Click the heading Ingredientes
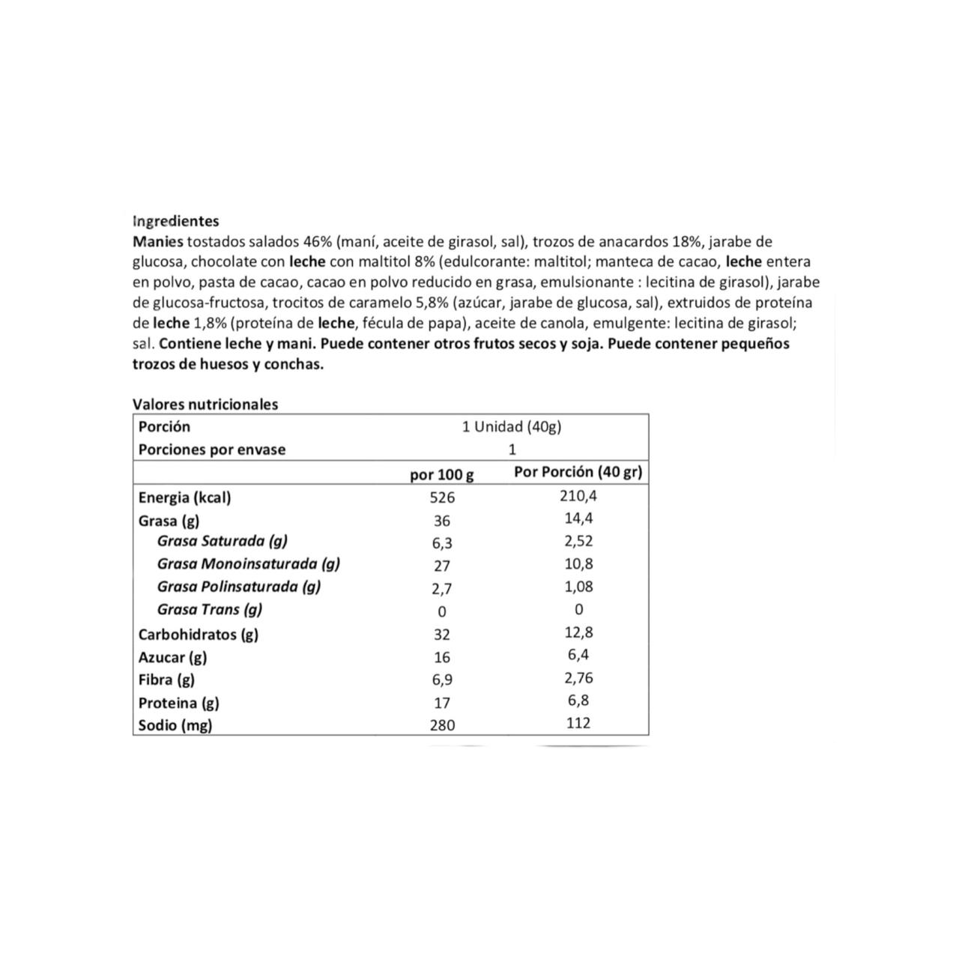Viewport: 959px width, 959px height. click(x=175, y=221)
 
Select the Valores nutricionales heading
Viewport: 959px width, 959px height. click(x=205, y=405)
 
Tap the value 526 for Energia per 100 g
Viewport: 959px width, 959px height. click(x=442, y=497)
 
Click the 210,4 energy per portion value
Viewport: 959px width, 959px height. click(x=578, y=495)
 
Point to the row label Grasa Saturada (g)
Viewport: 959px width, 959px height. click(x=222, y=541)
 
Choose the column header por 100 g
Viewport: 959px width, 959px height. click(x=442, y=474)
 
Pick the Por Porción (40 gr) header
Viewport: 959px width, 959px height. click(x=578, y=472)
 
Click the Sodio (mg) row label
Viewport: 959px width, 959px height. click(x=175, y=725)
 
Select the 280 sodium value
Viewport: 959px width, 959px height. click(x=442, y=725)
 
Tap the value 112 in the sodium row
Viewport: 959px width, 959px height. click(x=578, y=723)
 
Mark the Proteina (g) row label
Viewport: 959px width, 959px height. click(x=178, y=703)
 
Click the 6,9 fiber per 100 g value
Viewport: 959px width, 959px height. click(x=442, y=680)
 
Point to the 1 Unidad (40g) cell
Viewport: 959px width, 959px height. click(x=512, y=427)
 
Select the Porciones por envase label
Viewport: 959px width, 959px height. click(x=212, y=450)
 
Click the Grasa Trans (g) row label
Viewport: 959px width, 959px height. click(x=210, y=609)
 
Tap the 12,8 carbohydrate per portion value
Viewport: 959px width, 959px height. click(x=578, y=632)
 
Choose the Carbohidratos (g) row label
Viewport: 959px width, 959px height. click(x=199, y=635)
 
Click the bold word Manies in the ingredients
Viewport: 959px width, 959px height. click(x=157, y=242)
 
